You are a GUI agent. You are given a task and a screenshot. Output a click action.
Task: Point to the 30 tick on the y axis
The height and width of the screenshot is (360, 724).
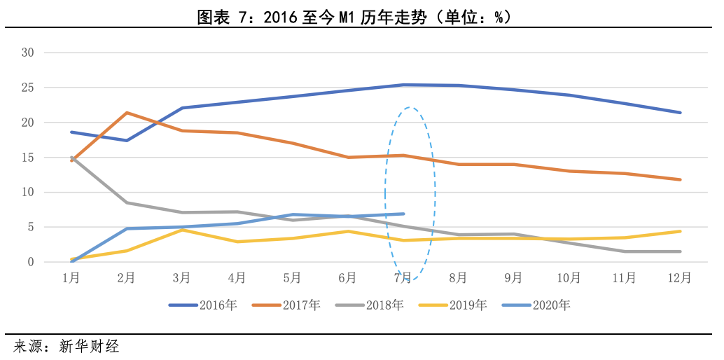coord(28,53)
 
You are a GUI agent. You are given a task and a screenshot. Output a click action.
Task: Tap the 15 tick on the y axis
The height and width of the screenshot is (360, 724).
coord(28,158)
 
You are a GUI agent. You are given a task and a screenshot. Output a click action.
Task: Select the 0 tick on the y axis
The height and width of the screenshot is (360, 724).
coord(31,262)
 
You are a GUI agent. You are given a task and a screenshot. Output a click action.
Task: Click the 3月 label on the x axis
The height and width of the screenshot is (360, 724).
coord(181,278)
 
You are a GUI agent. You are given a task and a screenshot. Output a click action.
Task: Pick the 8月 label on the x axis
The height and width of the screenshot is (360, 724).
coord(458,278)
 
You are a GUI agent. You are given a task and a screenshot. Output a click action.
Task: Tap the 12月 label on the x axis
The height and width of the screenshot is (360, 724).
coord(680,278)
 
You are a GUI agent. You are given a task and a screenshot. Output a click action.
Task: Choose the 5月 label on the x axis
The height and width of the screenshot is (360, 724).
coord(292,278)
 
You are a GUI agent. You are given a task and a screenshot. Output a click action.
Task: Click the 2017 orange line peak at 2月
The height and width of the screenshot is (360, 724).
coord(126,113)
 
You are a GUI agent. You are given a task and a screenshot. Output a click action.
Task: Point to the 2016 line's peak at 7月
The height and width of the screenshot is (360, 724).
coord(403,85)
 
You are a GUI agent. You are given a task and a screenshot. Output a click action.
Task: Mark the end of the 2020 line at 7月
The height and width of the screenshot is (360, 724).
coord(403,214)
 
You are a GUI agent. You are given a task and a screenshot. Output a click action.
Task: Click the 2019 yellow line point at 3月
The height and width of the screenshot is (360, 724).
coord(181,230)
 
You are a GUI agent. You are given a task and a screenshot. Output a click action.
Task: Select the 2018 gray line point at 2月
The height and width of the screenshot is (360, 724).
coord(126,202)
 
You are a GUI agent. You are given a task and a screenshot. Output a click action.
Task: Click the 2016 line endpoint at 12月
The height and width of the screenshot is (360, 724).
coord(680,112)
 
